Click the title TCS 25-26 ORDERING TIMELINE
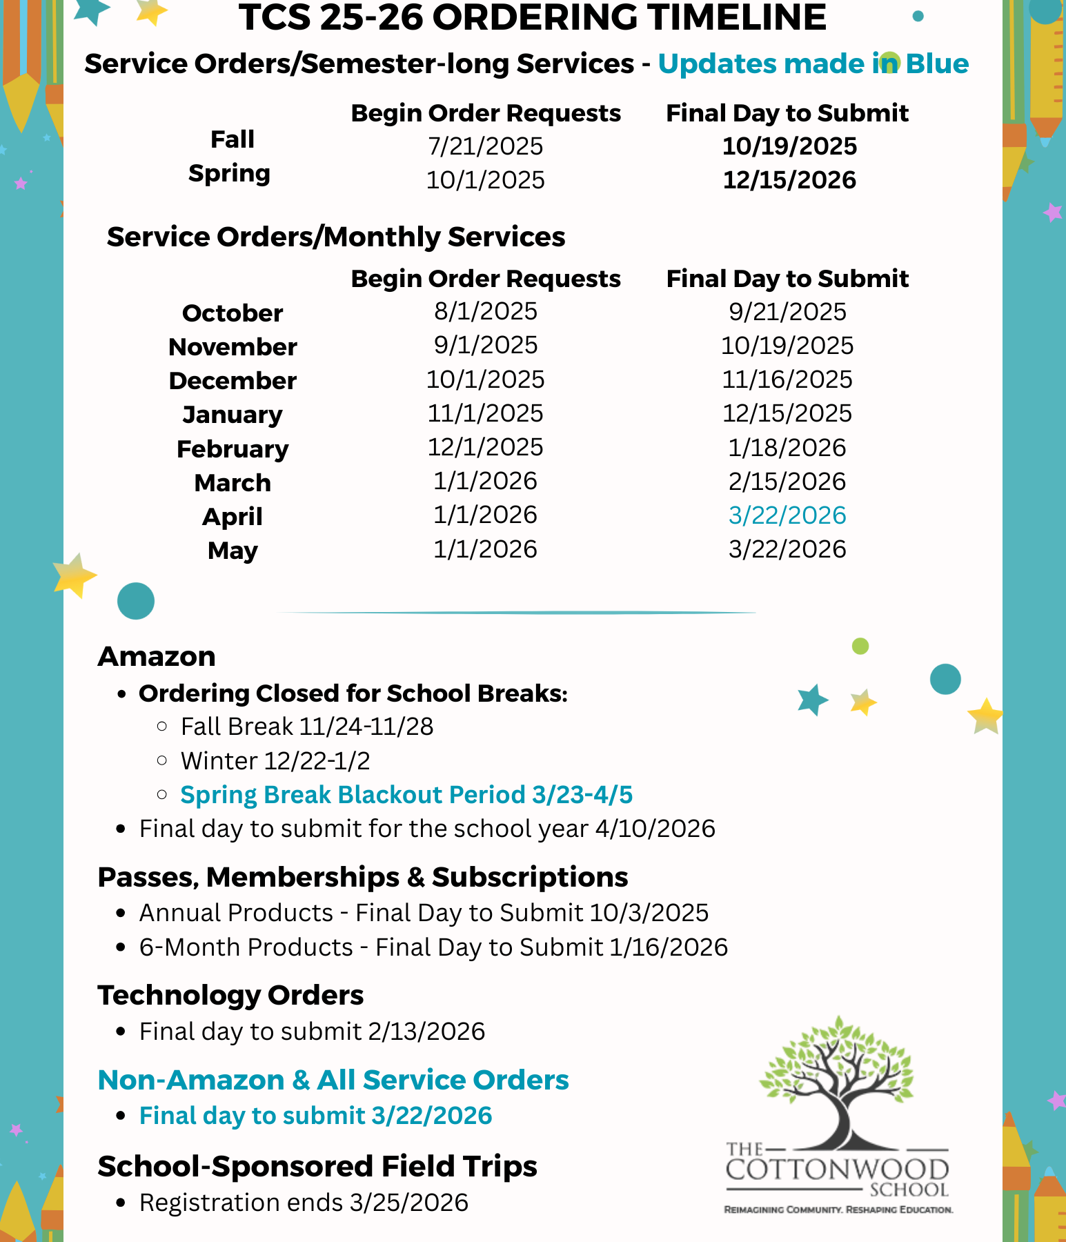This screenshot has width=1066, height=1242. (532, 17)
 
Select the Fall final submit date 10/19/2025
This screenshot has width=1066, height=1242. (789, 146)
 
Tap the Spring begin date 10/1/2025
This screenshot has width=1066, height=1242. (485, 180)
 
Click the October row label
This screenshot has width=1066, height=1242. (233, 313)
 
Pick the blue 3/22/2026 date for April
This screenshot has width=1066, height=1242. (787, 515)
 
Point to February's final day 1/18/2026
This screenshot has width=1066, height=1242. (787, 448)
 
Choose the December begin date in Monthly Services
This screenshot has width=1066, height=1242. (485, 379)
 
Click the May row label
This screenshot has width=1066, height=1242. (233, 551)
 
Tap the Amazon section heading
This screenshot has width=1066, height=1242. (157, 656)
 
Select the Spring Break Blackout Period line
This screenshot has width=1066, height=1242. (406, 795)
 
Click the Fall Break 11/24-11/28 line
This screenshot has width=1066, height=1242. (307, 727)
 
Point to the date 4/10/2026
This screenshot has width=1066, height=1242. (655, 829)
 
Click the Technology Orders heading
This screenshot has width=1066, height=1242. (230, 995)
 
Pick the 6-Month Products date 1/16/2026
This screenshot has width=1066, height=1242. (669, 947)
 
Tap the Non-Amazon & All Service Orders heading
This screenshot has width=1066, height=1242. (333, 1080)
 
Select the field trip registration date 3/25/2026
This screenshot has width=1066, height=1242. (409, 1203)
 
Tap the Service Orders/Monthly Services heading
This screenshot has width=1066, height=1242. (336, 237)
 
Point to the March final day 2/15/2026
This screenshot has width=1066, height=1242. (787, 482)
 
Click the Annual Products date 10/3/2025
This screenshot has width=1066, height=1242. (649, 913)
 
